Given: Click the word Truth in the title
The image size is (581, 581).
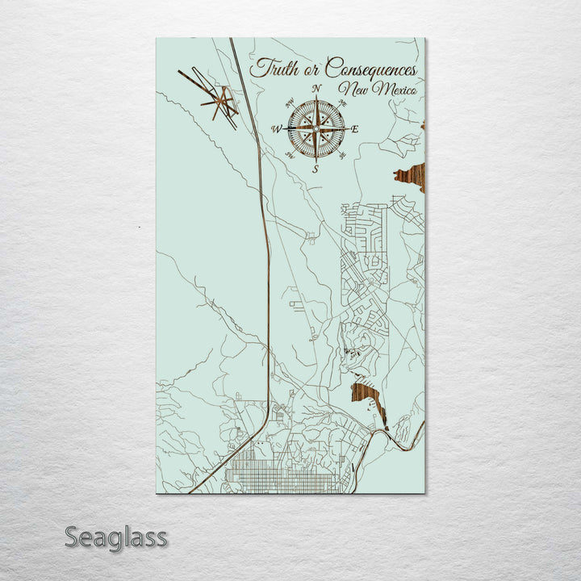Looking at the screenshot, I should click(x=270, y=69).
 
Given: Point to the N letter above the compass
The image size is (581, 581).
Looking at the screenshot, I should click(x=317, y=89).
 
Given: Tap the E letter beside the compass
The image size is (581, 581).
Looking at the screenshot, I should click(x=355, y=129).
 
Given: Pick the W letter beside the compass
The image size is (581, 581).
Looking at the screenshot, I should click(x=277, y=129).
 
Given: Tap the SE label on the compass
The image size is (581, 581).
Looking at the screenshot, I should click(x=343, y=155).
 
